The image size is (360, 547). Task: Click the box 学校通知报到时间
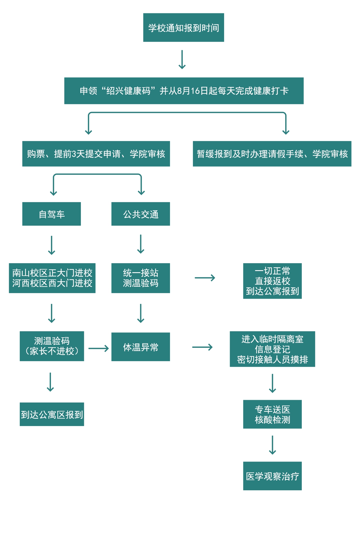pos(183,28)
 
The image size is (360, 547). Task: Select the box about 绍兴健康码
pos(184,91)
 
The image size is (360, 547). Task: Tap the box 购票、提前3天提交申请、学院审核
pos(96,154)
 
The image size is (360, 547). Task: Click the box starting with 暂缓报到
pos(272,154)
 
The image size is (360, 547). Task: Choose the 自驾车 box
pos(52,214)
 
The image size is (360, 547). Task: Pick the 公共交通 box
pos(141,214)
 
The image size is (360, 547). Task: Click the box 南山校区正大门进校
pos(52,278)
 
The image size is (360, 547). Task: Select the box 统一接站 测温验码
pos(141,278)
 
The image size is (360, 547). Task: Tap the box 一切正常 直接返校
pos(272,281)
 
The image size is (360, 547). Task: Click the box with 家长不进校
pos(52,346)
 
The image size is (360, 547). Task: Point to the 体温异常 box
pos(141,347)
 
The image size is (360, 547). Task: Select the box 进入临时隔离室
pos(272,349)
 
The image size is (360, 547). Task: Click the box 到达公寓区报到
pos(52,414)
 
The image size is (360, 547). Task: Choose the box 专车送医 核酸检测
pos(272,414)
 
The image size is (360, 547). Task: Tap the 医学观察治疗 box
pos(272,476)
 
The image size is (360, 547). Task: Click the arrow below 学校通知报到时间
pos(182,60)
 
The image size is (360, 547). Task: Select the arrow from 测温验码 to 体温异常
pos(98,348)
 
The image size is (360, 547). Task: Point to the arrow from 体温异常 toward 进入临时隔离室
pos(202,347)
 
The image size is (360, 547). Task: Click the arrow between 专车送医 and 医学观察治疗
pos(272,445)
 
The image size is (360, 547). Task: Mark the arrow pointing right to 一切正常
pos(205,278)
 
